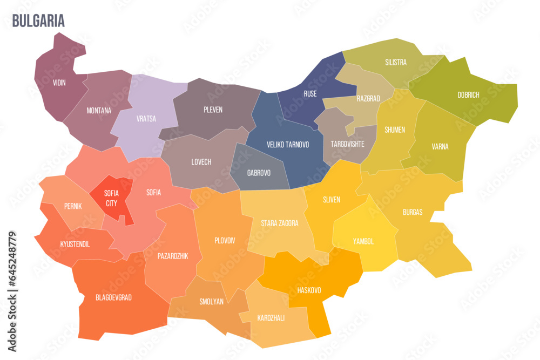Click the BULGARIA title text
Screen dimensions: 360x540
click(x=38, y=21)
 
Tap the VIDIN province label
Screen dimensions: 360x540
click(x=59, y=83)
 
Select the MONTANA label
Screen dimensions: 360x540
click(x=99, y=111)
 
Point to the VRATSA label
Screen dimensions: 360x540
click(x=146, y=119)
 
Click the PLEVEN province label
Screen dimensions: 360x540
click(x=213, y=110)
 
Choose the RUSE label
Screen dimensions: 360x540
click(x=310, y=93)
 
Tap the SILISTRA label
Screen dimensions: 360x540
click(x=396, y=62)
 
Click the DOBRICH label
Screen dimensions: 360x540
click(x=468, y=94)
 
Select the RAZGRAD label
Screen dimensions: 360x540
click(x=368, y=99)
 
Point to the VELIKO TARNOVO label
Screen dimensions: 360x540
click(x=288, y=145)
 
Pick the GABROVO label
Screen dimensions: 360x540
click(x=259, y=173)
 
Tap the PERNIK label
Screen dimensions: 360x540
click(x=73, y=206)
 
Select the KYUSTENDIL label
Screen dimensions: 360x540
click(x=75, y=244)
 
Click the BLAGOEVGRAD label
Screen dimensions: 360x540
click(x=113, y=297)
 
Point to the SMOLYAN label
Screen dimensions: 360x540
click(x=211, y=302)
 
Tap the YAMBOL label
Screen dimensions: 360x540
click(x=363, y=241)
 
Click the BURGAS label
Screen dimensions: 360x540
click(x=413, y=212)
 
